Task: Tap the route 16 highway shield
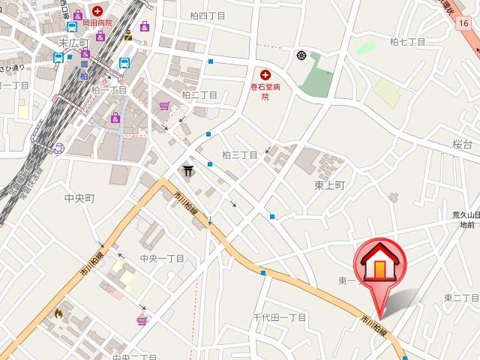(x=466, y=23)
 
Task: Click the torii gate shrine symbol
(x=187, y=172)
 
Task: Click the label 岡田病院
(x=97, y=23)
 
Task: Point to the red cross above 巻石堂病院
(x=264, y=74)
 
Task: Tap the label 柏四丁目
(x=208, y=16)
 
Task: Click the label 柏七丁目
(x=407, y=42)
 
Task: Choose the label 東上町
(x=328, y=184)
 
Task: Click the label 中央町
(x=79, y=199)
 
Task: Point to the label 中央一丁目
(x=162, y=259)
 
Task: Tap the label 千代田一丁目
(x=279, y=318)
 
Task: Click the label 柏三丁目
(x=240, y=155)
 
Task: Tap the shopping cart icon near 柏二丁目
(x=163, y=106)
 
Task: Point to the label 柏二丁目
(x=199, y=95)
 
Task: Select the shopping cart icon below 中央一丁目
(x=140, y=320)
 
